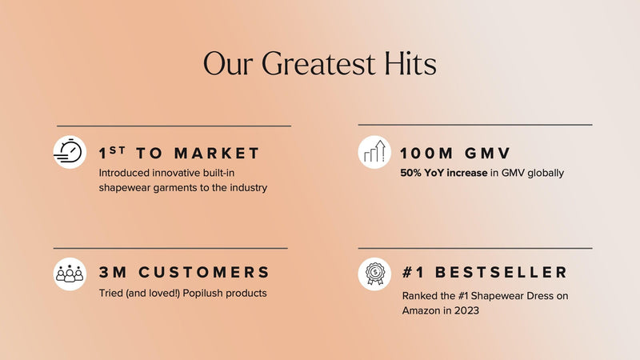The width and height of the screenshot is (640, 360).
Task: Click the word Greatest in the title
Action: point(318,64)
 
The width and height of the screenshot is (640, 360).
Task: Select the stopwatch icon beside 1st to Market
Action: point(70,152)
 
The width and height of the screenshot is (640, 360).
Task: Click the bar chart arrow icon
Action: point(374,152)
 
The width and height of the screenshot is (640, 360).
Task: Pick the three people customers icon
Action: point(70,274)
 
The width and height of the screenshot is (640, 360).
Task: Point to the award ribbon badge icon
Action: point(374,274)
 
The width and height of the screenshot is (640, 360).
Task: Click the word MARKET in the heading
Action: point(217,154)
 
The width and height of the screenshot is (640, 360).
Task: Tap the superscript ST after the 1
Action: point(117,150)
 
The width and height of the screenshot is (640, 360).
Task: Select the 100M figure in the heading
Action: point(426,154)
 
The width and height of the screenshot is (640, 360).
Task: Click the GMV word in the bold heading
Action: point(487,154)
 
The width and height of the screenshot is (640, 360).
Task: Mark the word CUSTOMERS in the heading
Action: point(204,272)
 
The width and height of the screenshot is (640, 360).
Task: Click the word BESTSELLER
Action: point(501,272)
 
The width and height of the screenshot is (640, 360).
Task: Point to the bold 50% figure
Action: point(410,173)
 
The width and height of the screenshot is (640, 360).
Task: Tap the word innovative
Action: point(177,173)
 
